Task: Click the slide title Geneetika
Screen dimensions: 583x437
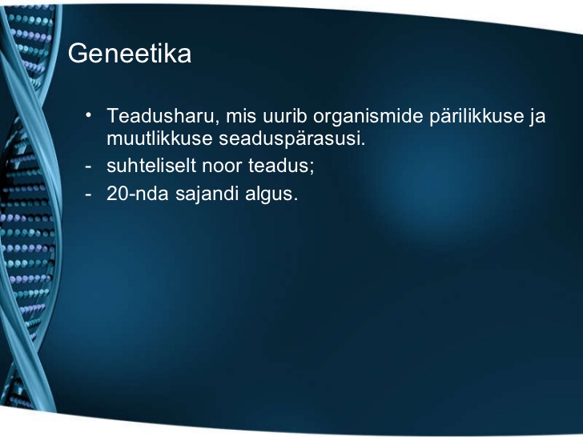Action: (x=130, y=54)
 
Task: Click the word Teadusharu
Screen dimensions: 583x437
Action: (x=161, y=115)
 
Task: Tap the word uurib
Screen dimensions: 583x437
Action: (x=285, y=115)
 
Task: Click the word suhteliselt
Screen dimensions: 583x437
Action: (x=151, y=166)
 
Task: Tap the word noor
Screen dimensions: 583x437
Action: (x=222, y=167)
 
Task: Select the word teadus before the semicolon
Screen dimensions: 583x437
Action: (x=279, y=166)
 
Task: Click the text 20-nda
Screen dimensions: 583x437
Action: (x=137, y=193)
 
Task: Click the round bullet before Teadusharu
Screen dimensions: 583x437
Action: (x=88, y=114)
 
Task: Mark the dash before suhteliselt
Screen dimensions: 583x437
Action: (x=88, y=166)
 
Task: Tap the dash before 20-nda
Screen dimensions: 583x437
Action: (x=88, y=194)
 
